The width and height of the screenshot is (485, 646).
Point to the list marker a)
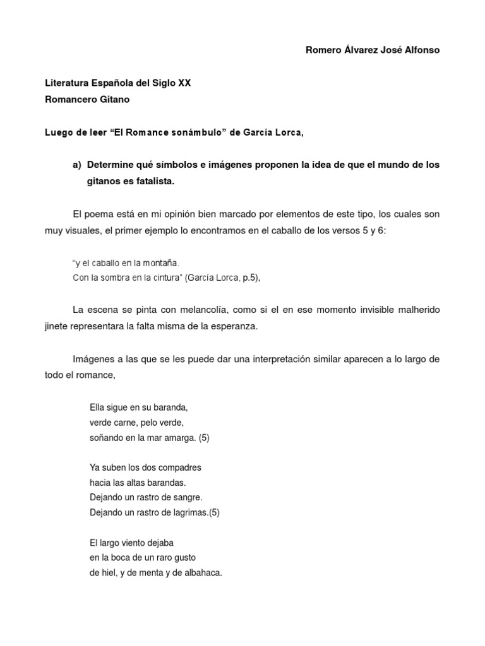[78, 165]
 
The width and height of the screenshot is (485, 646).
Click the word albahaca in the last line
[202, 573]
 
